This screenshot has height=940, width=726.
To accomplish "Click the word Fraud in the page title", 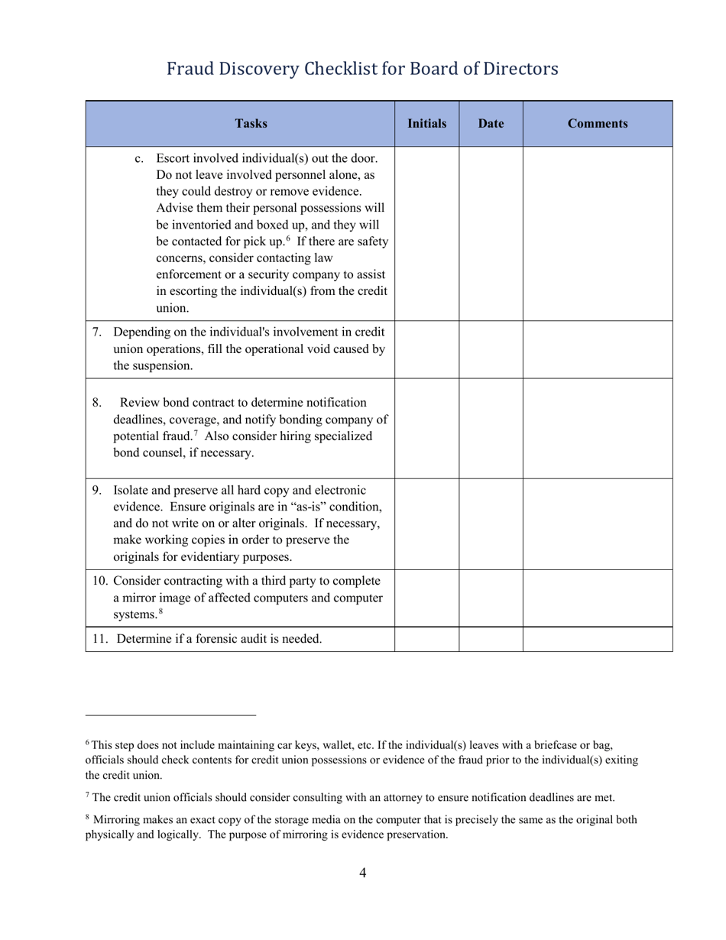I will point(190,70).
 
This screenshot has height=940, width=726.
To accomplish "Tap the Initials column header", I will point(426,123).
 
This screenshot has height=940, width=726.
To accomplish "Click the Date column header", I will point(491,124).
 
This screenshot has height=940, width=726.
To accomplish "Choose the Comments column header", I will point(598,124).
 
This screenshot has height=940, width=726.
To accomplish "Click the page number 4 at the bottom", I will point(362,873).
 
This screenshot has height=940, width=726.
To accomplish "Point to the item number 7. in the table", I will point(97,332).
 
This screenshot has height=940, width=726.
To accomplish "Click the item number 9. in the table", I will point(97,490).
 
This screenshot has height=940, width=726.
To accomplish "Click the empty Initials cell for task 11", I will point(426,639).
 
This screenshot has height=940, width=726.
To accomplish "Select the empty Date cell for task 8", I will point(491,428).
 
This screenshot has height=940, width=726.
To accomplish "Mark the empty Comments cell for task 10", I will point(598,598).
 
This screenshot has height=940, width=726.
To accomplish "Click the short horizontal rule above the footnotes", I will point(170,716).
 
